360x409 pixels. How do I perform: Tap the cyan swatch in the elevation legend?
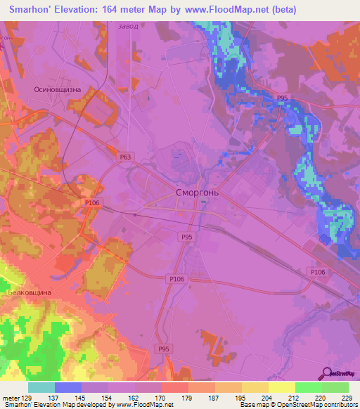pos(41,387)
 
